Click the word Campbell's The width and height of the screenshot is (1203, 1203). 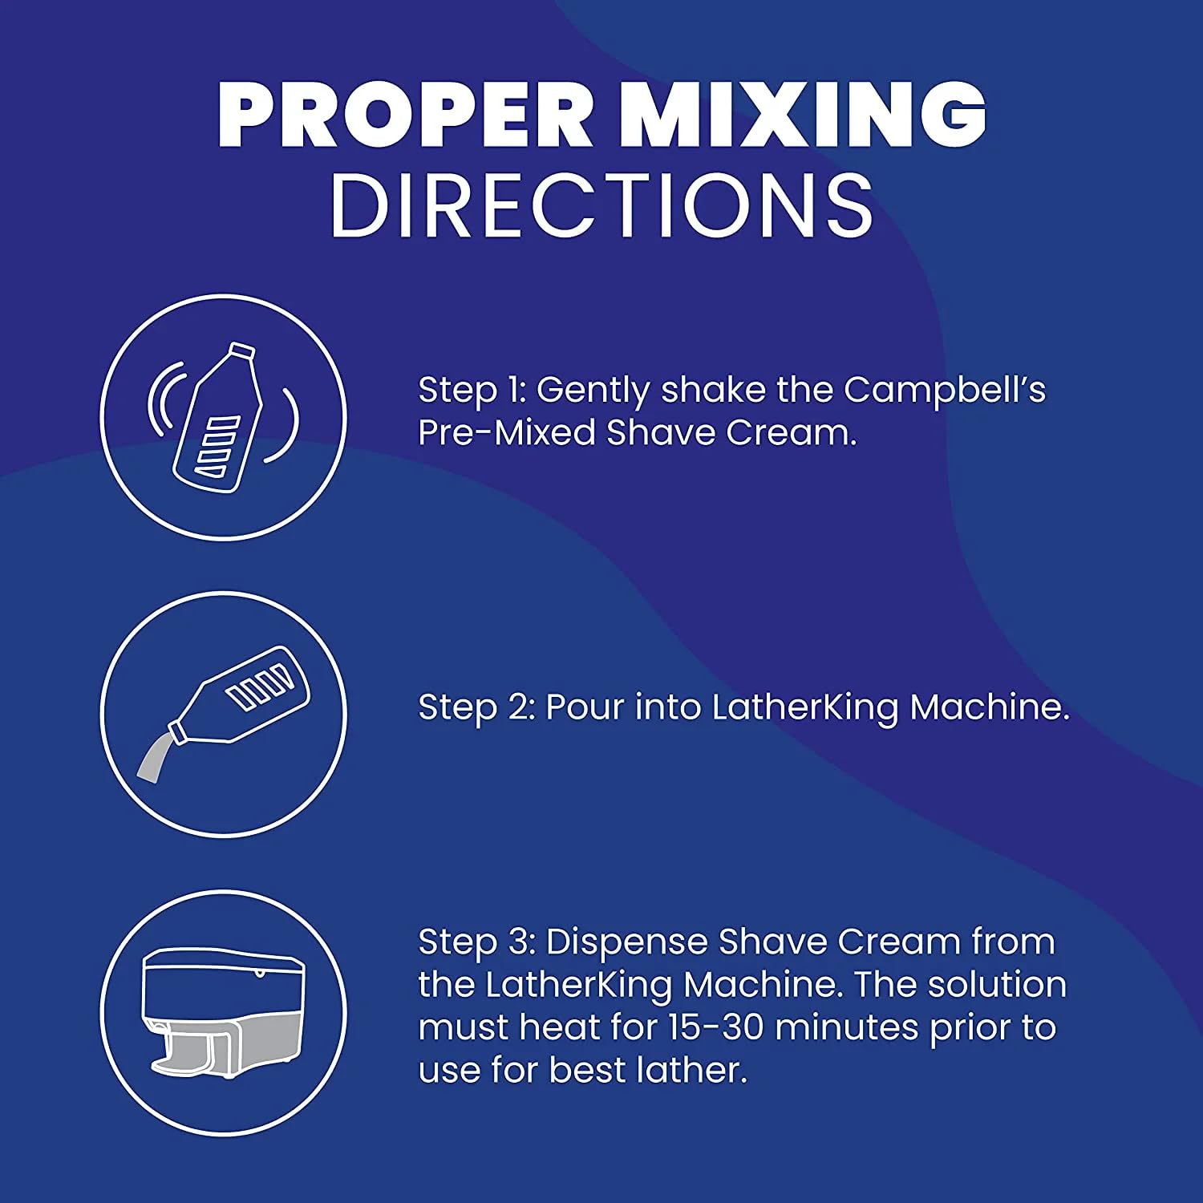(945, 390)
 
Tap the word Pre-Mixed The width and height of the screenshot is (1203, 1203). (507, 433)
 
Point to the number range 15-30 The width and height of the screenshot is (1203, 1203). (716, 1028)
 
